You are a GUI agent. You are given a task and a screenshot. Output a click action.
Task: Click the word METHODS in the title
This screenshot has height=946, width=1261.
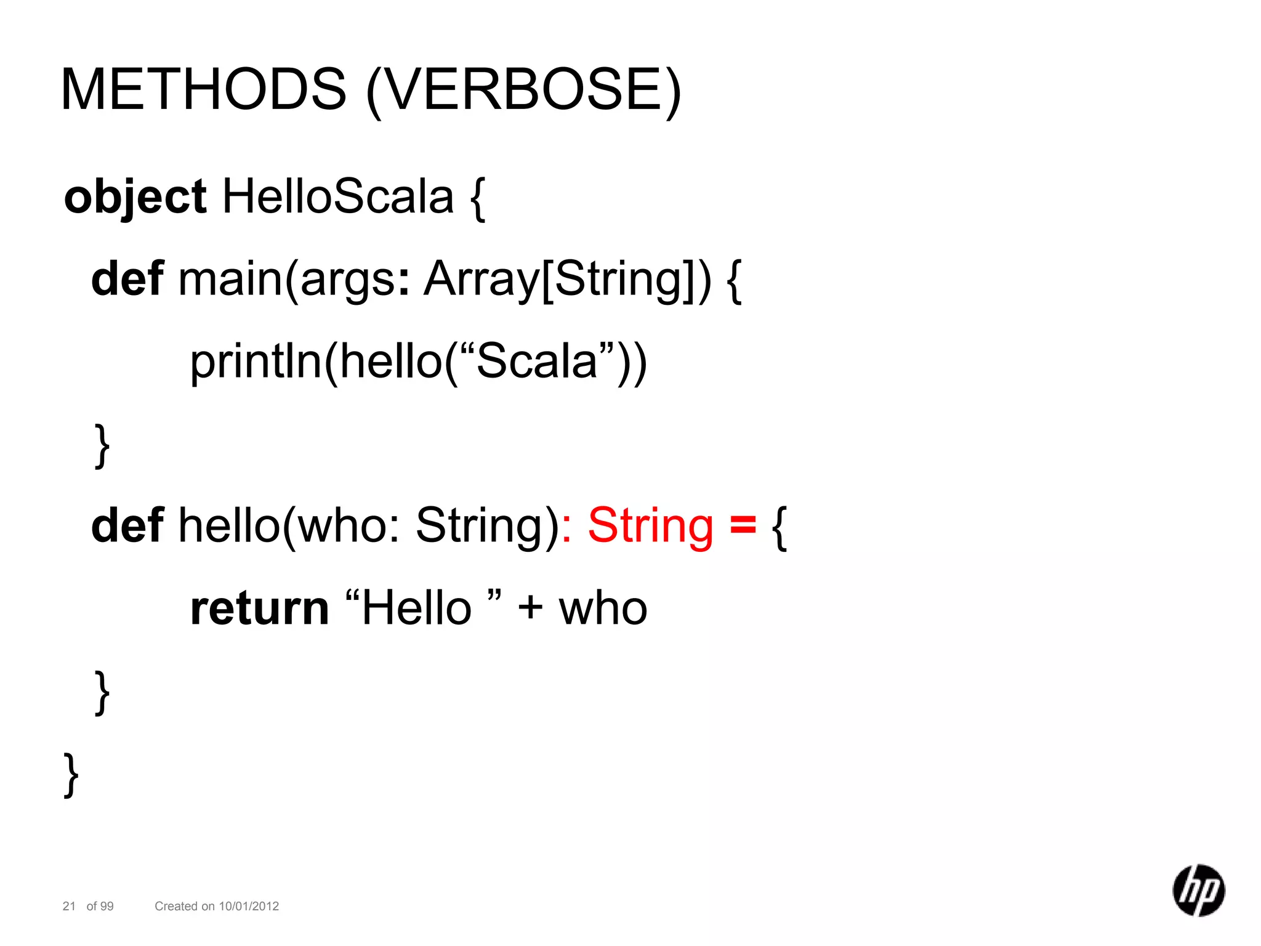(203, 89)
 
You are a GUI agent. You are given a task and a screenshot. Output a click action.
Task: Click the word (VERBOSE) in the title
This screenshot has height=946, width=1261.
(523, 91)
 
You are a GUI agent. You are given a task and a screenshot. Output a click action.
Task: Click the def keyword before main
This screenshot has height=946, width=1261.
(127, 279)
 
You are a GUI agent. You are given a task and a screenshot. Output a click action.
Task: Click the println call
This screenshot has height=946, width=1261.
(256, 362)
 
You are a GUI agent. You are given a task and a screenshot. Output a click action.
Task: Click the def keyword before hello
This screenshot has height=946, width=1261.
(127, 526)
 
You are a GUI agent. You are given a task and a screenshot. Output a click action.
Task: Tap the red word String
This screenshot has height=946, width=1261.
(650, 526)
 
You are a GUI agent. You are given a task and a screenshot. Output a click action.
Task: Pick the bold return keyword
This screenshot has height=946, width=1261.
(259, 608)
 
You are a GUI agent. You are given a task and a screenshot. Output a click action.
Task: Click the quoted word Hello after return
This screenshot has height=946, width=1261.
(416, 608)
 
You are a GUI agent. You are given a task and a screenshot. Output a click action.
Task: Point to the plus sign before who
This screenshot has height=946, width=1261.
(530, 608)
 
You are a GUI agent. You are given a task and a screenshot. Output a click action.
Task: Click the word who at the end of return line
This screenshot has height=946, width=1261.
(603, 608)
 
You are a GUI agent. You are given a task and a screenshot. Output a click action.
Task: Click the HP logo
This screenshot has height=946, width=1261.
(1198, 891)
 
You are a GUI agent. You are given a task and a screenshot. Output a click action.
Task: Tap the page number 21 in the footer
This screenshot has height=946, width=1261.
(69, 906)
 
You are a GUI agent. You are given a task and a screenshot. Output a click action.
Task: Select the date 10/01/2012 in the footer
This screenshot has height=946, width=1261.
(249, 906)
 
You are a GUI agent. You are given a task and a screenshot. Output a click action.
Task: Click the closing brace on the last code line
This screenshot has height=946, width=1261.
(71, 775)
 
